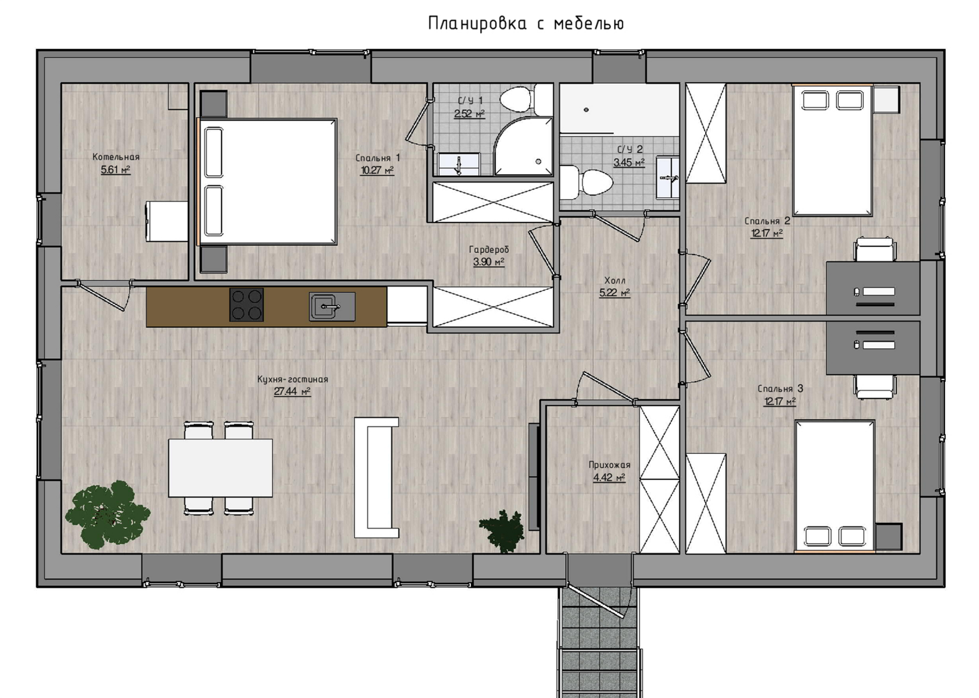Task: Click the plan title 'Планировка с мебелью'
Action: point(526,24)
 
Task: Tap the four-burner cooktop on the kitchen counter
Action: point(246,305)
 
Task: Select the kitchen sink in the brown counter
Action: point(332,306)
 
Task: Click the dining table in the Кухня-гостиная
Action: point(220,468)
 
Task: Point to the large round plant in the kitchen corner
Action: point(107,514)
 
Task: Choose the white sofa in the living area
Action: point(376,477)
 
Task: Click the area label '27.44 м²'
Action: point(292,391)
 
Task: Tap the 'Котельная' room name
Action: point(116,157)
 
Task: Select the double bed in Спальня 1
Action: point(267,181)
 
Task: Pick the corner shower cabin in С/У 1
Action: point(523,146)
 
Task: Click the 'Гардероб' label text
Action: point(488,250)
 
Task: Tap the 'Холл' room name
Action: point(614,281)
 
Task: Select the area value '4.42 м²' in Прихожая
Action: point(610,477)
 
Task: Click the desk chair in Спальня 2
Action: point(875,249)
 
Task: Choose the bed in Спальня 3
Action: point(834,486)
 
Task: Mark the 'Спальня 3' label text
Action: point(780,389)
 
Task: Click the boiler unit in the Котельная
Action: point(167,221)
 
